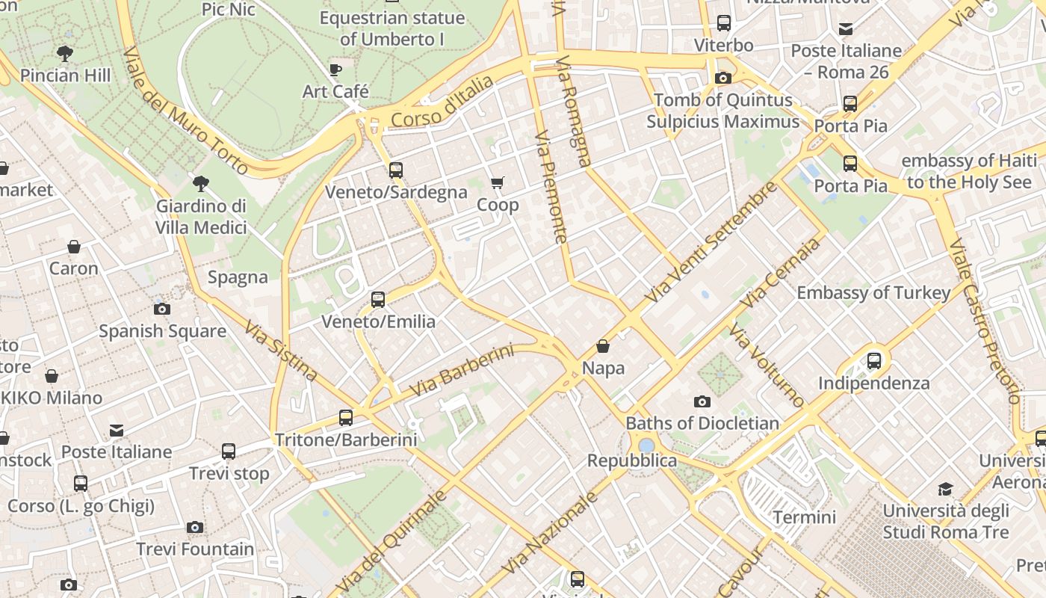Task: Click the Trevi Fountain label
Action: click(195, 549)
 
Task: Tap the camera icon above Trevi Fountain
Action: click(195, 527)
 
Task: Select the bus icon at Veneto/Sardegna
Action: click(396, 170)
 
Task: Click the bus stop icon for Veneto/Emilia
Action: click(378, 300)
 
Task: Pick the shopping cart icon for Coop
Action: click(498, 183)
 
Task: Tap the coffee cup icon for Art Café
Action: click(335, 70)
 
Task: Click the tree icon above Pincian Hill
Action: click(65, 53)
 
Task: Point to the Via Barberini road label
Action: click(462, 371)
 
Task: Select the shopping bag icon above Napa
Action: click(603, 347)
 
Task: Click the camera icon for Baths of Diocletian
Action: click(702, 401)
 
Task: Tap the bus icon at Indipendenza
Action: click(874, 361)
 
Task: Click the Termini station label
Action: click(804, 517)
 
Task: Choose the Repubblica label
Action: click(631, 460)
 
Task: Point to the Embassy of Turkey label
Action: click(873, 292)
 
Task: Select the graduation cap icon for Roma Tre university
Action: click(946, 490)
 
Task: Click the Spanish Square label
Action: click(162, 330)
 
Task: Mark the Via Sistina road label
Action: click(281, 351)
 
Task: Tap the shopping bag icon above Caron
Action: click(74, 247)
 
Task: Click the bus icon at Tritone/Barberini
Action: click(346, 418)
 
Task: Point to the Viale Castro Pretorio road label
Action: click(983, 321)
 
